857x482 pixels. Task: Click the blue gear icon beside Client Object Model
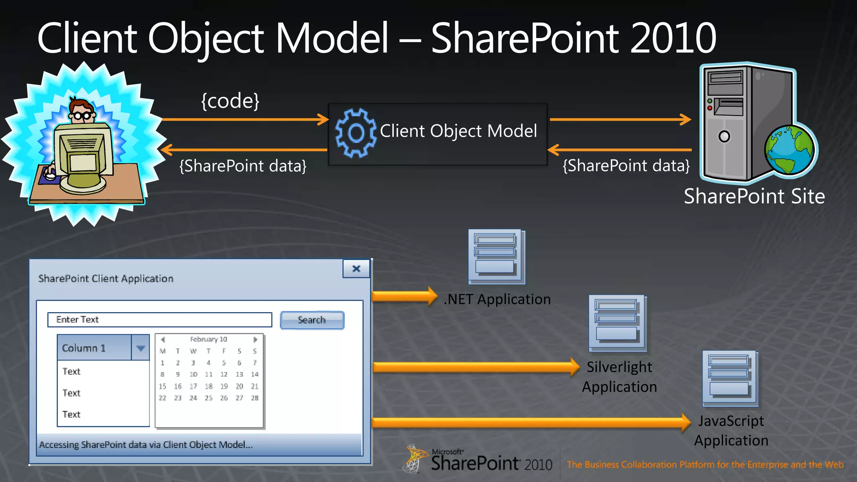[356, 133]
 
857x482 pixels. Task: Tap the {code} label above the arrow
[230, 101]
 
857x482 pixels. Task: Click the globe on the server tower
[790, 151]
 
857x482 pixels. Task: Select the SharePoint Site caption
[754, 196]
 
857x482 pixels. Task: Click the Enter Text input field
[159, 320]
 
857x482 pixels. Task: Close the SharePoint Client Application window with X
[356, 269]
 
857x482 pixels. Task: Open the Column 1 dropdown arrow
[141, 348]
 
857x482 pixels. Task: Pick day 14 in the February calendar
[254, 374]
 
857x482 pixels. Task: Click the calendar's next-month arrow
[255, 339]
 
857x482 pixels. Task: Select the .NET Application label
[497, 300]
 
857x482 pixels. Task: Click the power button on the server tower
[724, 136]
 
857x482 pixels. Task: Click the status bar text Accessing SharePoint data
[146, 445]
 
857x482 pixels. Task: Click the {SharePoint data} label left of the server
[626, 166]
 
